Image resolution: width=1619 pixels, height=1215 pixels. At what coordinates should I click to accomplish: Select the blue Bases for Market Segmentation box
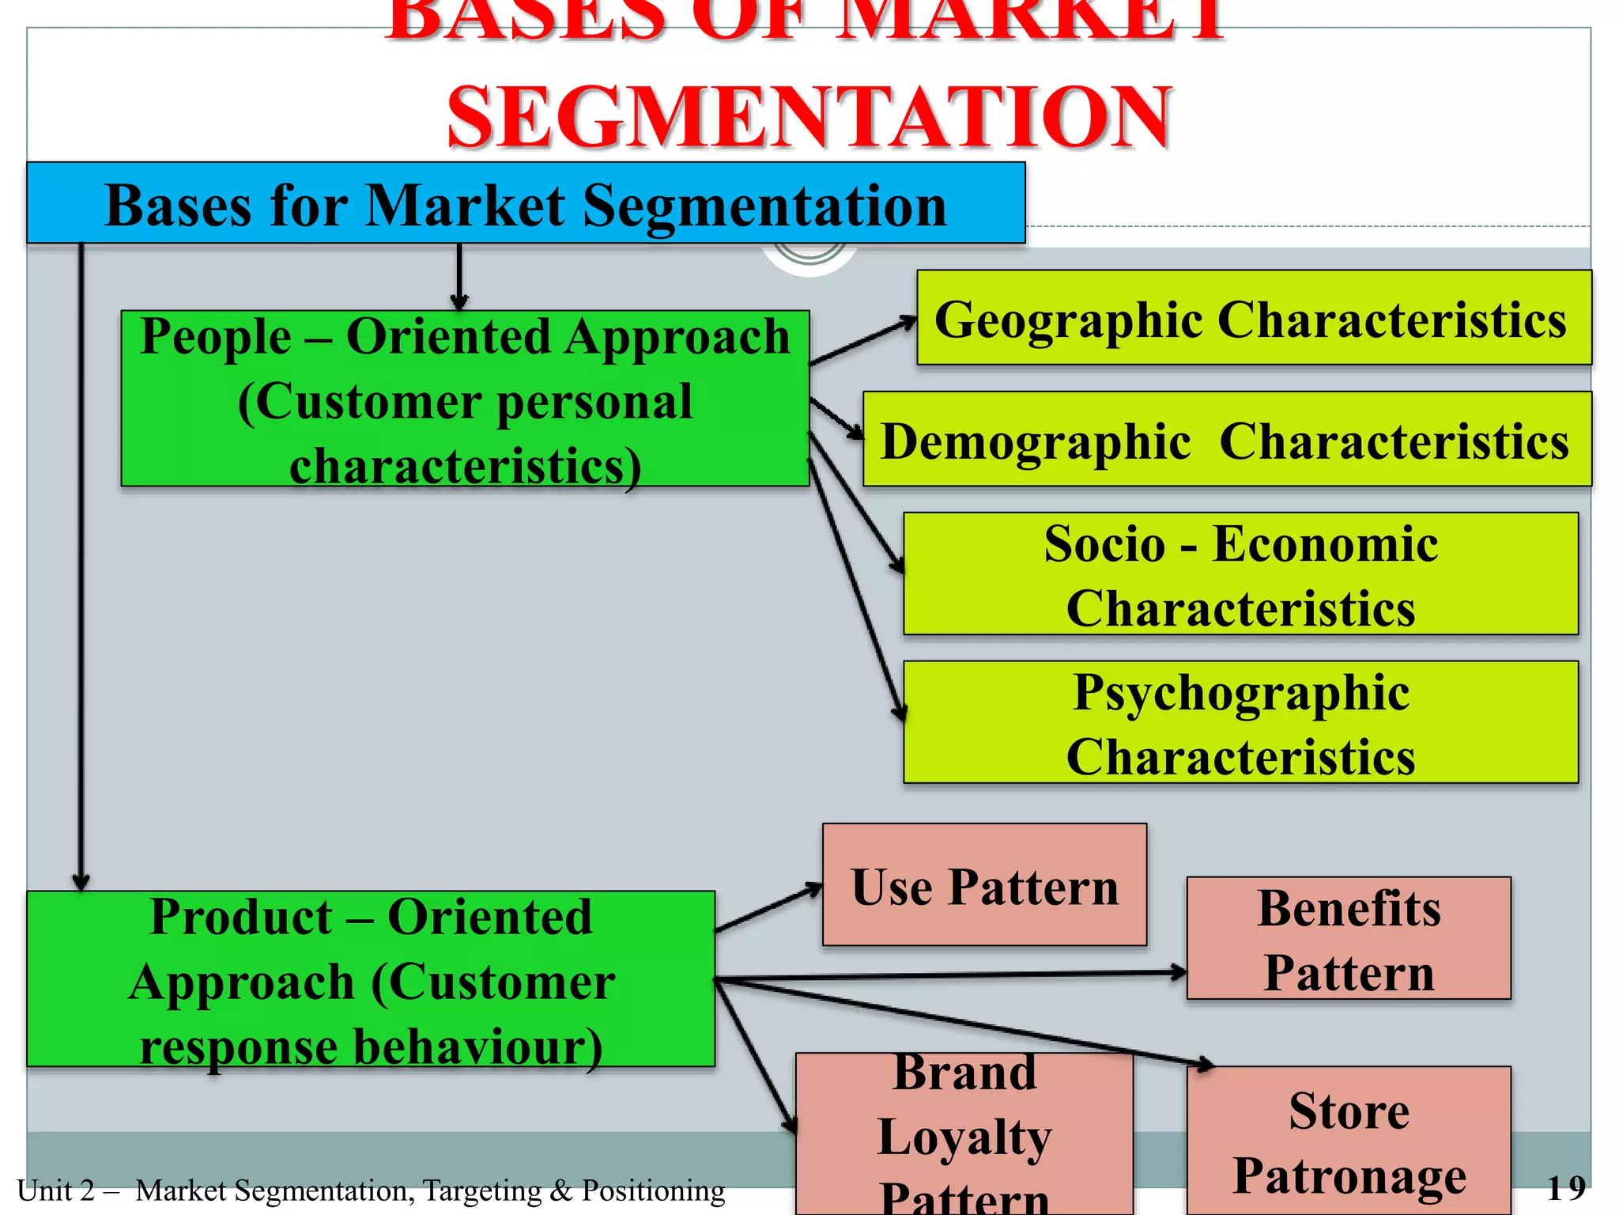coord(526,203)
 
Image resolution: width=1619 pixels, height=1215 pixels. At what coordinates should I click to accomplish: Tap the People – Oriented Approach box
coord(465,398)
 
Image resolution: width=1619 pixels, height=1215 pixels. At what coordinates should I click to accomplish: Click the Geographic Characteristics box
coord(1253,318)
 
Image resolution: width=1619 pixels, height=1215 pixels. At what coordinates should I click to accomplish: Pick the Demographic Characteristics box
coord(1226,439)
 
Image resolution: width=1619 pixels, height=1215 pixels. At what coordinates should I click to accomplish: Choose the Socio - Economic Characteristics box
coord(1240,573)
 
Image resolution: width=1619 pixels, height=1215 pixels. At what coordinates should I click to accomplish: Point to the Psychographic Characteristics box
coord(1240,722)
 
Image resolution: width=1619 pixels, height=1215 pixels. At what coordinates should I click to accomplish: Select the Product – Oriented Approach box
coord(370,979)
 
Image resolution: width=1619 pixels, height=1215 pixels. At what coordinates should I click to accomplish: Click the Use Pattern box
coord(984,885)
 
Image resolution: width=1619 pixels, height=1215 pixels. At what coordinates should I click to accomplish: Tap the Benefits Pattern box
coord(1349,938)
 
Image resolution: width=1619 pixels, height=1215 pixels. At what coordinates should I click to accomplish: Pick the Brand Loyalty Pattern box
coord(964,1134)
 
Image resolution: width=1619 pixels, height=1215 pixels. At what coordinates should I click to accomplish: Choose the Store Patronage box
coord(1349,1141)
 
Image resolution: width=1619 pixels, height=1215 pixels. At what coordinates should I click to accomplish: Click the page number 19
coord(1565,1188)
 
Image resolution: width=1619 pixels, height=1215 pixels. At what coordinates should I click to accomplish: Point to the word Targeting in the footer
coord(481,1190)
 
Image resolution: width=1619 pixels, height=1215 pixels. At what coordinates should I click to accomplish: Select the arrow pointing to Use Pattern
coord(768,909)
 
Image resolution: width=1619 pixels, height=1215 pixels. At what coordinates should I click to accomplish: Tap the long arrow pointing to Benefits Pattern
coord(949,976)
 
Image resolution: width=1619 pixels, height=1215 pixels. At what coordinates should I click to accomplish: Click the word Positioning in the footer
coord(653,1190)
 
